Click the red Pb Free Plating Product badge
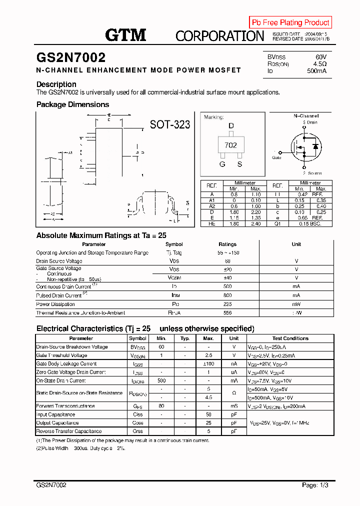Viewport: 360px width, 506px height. [290, 22]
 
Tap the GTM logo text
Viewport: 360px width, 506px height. [125, 35]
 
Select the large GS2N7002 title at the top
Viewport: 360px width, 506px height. [70, 58]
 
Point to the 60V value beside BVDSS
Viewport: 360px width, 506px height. [321, 57]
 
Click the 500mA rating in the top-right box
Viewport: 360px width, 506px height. [317, 71]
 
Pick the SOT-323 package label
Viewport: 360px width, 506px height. [170, 124]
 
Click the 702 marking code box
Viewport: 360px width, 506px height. [230, 145]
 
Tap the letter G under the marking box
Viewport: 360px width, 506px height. [222, 164]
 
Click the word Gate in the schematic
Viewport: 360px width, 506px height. [276, 157]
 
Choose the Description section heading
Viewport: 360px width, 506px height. [56, 84]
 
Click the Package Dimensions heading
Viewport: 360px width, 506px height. [72, 104]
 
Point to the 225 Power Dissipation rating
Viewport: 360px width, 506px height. [227, 304]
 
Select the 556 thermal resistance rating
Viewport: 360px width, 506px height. [227, 312]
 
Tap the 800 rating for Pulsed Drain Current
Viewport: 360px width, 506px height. [227, 295]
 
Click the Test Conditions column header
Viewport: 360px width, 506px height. [290, 338]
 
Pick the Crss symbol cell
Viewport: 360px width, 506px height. [138, 431]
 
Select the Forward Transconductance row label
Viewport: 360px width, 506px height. [65, 406]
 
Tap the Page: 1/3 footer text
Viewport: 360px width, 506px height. [315, 485]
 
